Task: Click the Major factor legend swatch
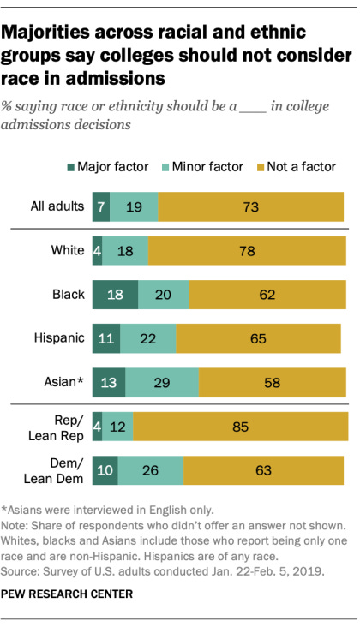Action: [x=69, y=166]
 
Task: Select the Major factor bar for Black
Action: [x=115, y=294]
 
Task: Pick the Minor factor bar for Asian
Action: [x=162, y=382]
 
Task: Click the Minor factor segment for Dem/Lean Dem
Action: [x=151, y=470]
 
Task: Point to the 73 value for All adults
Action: [x=251, y=206]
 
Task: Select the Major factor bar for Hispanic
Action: [x=106, y=337]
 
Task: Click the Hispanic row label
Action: [x=61, y=337]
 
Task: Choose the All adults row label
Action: [x=56, y=206]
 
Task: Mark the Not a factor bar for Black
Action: [x=267, y=294]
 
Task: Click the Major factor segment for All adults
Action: [x=101, y=206]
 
